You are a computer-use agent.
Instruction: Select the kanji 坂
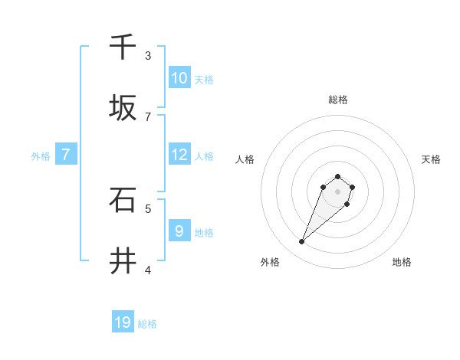pos(123,107)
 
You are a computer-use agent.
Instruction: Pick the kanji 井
pos(123,261)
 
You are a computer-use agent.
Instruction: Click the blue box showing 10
pos(179,78)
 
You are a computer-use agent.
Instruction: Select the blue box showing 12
pos(179,155)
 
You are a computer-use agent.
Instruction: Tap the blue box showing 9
pos(179,231)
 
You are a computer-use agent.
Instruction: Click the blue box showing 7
pos(66,155)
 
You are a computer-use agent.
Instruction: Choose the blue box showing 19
pos(123,322)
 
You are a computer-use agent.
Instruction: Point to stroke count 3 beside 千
pos(148,56)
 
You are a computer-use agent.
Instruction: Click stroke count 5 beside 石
pos(148,208)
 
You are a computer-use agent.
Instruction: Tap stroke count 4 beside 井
pos(148,270)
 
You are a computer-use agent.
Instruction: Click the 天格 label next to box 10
pos(203,80)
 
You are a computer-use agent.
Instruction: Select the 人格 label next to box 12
pos(203,156)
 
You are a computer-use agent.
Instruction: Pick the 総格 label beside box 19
pos(147,324)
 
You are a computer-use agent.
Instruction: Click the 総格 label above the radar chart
pos(337,100)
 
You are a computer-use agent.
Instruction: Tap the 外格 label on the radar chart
pos(269,262)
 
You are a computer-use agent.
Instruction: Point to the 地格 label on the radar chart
pos(402,262)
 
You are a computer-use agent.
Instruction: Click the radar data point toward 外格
pos(302,242)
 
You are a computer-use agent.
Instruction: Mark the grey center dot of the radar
pos(337,191)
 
